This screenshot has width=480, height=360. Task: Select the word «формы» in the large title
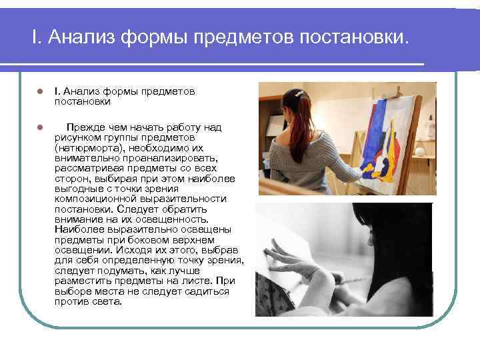coord(155,37)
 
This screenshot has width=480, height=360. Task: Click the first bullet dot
coord(40,92)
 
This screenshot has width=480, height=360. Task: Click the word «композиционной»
coord(89,199)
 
